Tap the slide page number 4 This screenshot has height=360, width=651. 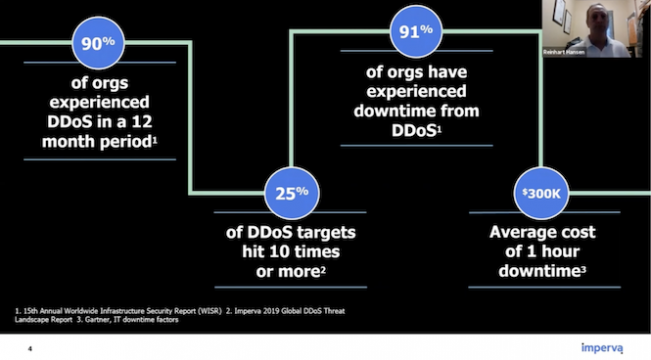tap(30, 349)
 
